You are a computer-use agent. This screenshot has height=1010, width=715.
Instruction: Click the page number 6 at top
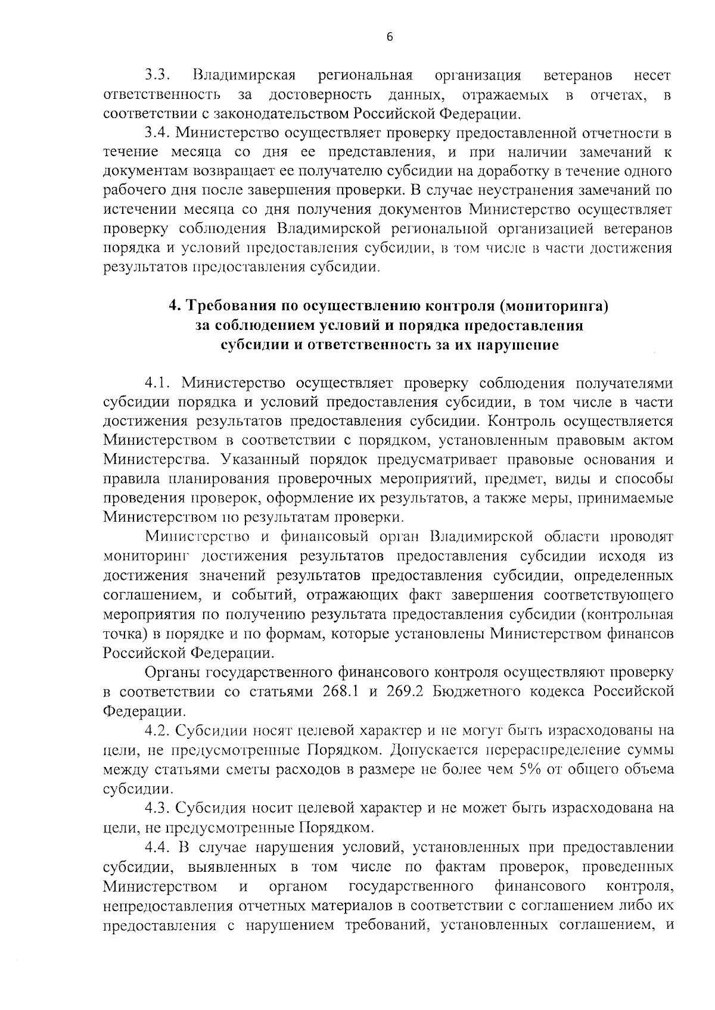[x=390, y=37]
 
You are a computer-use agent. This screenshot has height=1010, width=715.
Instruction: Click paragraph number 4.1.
[x=158, y=383]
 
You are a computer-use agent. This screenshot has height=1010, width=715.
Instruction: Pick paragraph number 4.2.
[x=158, y=730]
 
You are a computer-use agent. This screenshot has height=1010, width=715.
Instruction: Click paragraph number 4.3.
[x=158, y=808]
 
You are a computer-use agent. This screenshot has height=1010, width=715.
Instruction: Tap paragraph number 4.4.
[x=158, y=847]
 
